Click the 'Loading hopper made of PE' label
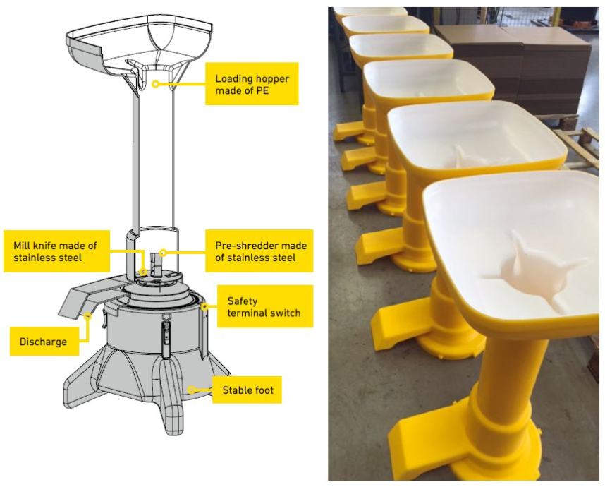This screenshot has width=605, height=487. point(252,84)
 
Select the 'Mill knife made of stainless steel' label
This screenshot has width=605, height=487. point(56,251)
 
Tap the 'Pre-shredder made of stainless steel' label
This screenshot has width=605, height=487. point(259,251)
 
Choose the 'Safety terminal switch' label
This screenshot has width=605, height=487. point(265,306)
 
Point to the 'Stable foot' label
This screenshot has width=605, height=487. point(247,390)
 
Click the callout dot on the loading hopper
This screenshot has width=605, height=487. point(155,83)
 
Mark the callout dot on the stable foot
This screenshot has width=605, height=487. point(191,390)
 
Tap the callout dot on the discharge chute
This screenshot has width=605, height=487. point(87,315)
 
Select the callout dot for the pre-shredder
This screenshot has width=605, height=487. point(163,253)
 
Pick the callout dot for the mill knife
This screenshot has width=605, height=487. point(143,272)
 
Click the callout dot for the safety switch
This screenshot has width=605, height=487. point(204,307)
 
